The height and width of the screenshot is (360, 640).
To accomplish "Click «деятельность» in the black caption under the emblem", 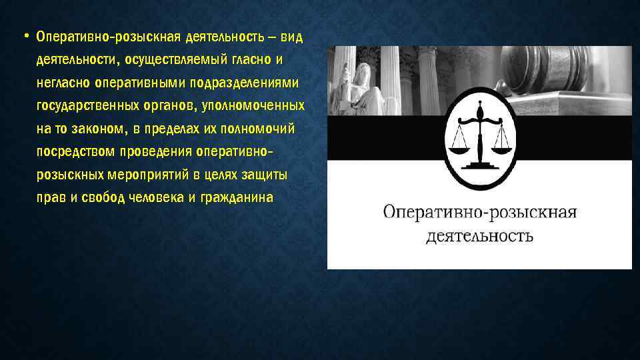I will click(x=480, y=236).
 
